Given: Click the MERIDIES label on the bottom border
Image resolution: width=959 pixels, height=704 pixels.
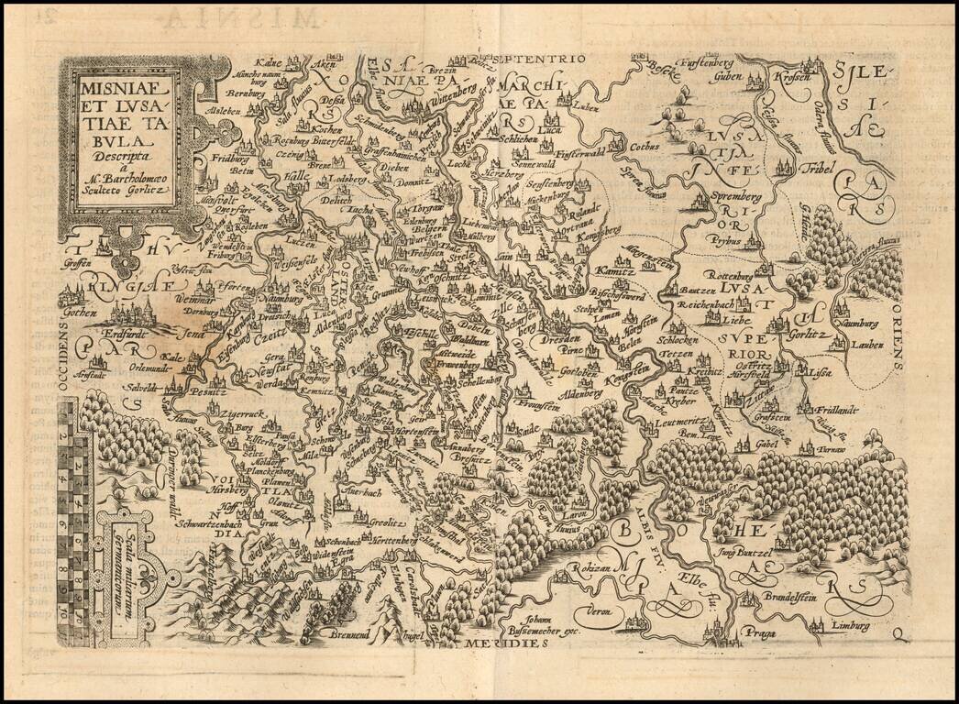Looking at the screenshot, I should [496, 643].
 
